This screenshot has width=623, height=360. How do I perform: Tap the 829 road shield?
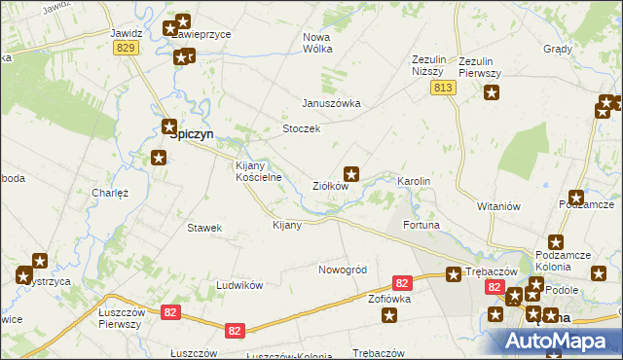point(124,48)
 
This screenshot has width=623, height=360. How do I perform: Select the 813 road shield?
point(444,88)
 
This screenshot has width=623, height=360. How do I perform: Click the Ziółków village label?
point(330,185)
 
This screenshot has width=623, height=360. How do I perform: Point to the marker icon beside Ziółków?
point(353,174)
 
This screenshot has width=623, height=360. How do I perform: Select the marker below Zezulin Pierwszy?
point(492,93)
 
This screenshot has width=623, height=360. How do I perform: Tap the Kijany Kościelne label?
point(259,171)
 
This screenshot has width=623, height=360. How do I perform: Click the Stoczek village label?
point(301,128)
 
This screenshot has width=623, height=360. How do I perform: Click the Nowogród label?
point(342,269)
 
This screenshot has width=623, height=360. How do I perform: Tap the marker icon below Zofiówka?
point(390,315)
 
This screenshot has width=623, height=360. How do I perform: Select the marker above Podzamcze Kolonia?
point(556,242)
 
